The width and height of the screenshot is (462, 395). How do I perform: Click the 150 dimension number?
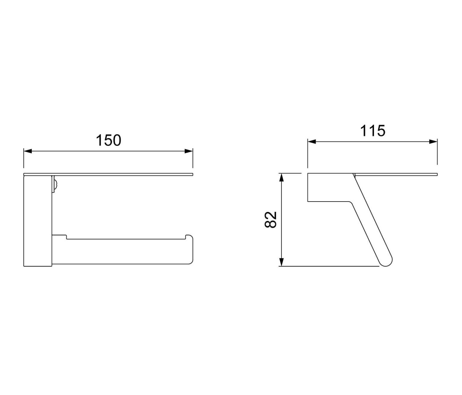[x=108, y=140]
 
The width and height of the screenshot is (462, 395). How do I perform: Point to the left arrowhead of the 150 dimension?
[x=28, y=151]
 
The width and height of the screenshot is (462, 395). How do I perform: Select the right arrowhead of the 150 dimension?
[x=188, y=151]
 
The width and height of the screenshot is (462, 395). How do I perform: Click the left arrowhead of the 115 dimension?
[x=312, y=141]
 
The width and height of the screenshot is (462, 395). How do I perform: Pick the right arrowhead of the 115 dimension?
[x=433, y=141]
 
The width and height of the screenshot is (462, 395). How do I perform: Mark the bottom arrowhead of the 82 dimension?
[x=282, y=262]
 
